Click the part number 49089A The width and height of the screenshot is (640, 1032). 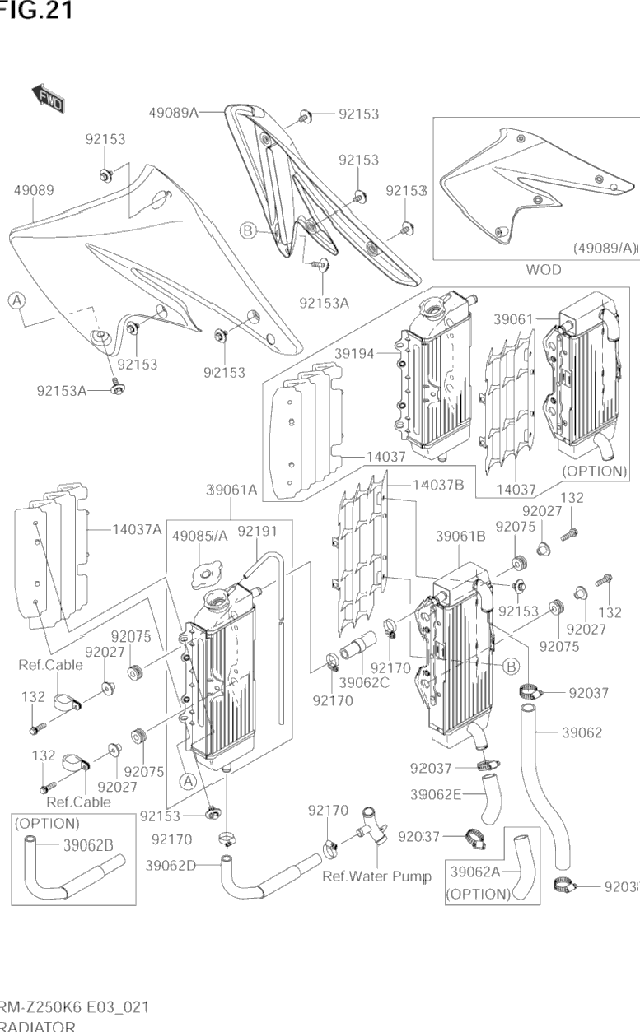pos(174,113)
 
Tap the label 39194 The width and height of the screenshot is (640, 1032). pos(355,353)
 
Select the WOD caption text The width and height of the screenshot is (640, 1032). pos(543,270)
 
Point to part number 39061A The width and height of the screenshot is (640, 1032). pos(231,490)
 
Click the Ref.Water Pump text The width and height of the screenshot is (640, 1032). pos(376,876)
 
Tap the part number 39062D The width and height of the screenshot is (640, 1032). pos(171,865)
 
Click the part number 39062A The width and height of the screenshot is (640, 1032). pos(477,872)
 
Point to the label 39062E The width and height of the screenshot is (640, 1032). pos(436,794)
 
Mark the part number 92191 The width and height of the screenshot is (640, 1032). pos(257,532)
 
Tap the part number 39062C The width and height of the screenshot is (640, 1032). pos(365,682)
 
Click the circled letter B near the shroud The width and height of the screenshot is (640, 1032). pos(248,231)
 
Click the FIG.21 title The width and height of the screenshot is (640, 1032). pos(36,10)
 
